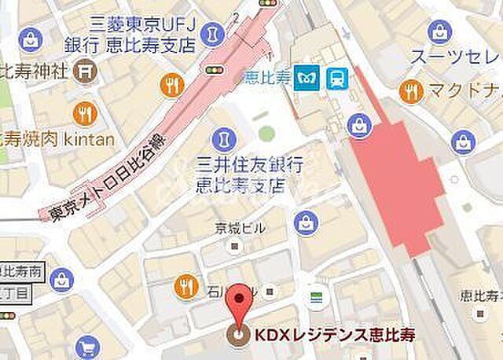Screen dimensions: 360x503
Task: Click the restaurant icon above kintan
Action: point(84,115)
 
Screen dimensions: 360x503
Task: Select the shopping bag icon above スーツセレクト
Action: point(441,32)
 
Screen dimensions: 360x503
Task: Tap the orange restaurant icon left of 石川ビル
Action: point(186,285)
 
